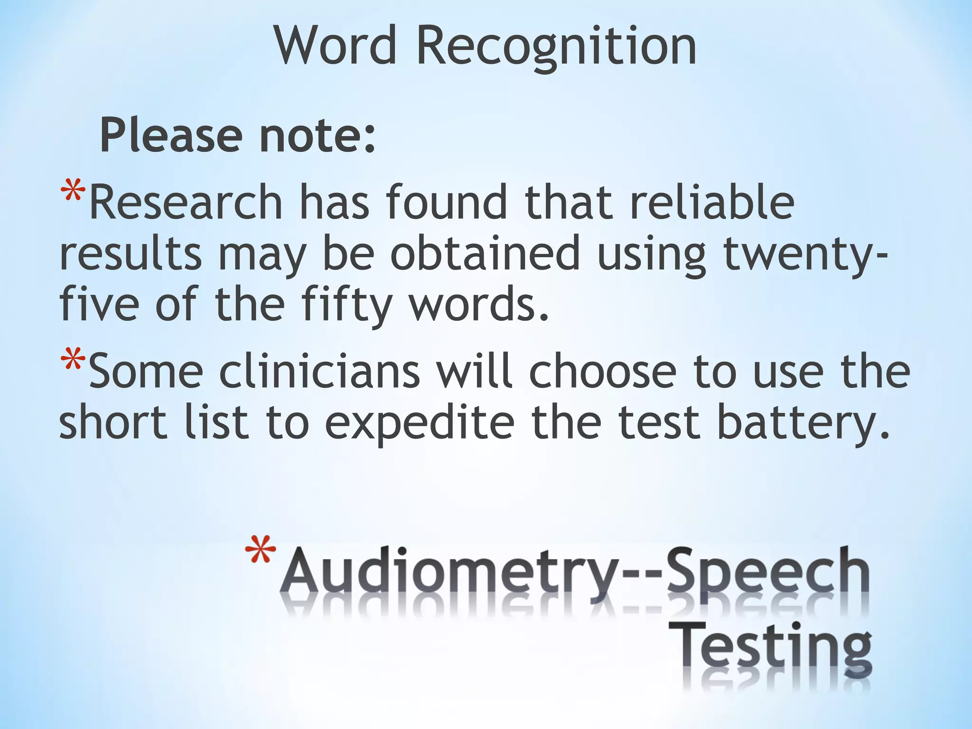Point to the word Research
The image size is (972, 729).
point(186,203)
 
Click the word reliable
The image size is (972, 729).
point(712,203)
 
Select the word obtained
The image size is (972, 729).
point(485,254)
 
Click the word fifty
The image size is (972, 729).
point(346,305)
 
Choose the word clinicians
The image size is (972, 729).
point(319,372)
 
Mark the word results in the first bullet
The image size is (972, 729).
point(130,254)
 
